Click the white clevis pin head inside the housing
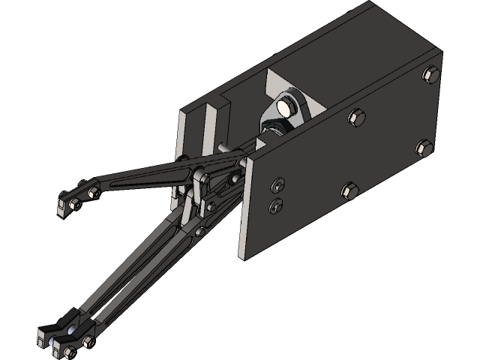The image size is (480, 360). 285,107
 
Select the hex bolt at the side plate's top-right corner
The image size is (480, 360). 430,73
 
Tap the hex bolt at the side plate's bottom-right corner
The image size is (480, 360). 423,148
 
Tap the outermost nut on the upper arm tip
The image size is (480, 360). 74,202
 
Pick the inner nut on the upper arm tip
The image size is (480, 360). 93,193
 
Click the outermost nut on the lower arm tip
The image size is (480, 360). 61,346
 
